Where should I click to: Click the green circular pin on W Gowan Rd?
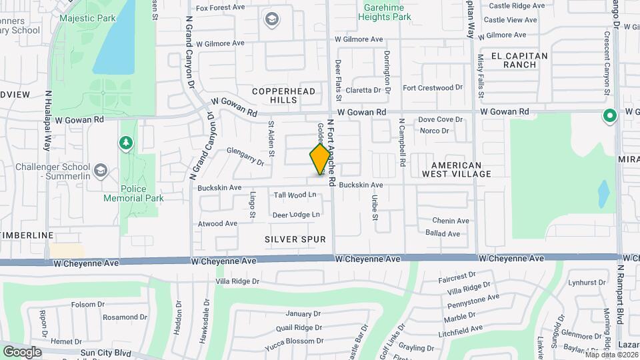click(609, 117)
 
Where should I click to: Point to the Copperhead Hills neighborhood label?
click(275, 95)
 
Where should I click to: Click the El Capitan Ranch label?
click(519, 60)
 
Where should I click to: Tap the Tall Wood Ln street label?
click(295, 195)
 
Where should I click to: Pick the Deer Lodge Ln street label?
click(296, 215)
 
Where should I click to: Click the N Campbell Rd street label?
click(403, 143)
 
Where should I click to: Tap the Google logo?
click(22, 351)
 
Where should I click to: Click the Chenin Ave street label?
click(451, 221)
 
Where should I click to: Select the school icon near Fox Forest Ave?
click(271, 19)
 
